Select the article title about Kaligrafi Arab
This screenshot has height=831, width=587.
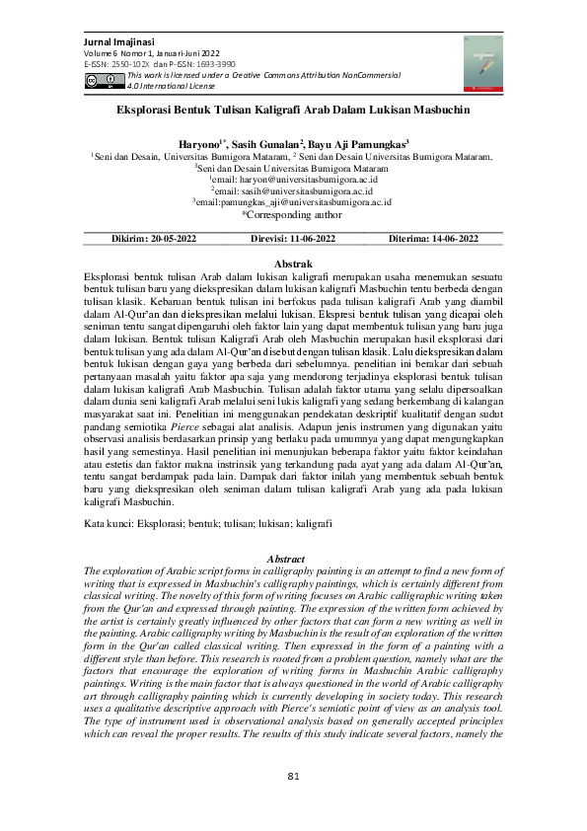[x=293, y=113]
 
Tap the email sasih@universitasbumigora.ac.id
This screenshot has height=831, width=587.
[x=295, y=189]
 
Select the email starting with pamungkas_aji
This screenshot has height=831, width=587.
[x=295, y=201]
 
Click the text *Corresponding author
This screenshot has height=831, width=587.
[x=292, y=213]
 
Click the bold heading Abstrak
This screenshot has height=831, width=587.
[x=292, y=264]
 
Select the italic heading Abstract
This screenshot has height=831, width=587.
[x=292, y=560]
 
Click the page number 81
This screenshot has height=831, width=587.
[x=293, y=776]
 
